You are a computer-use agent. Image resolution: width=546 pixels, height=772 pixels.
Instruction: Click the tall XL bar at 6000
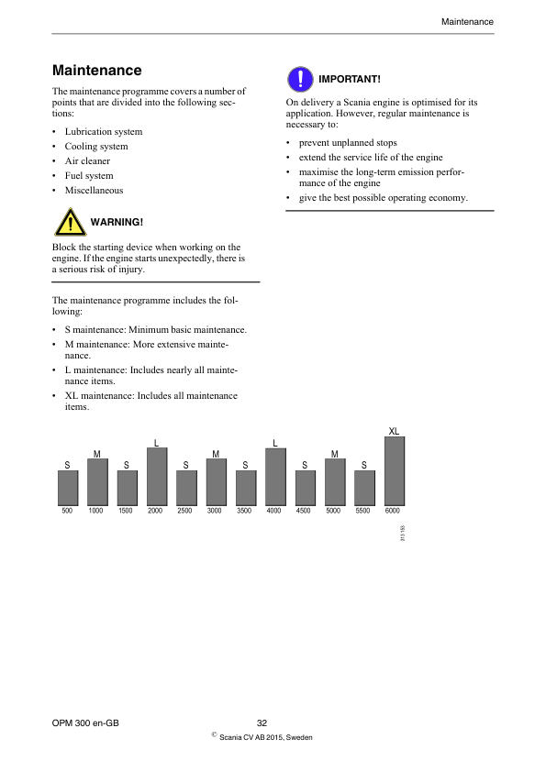click(394, 470)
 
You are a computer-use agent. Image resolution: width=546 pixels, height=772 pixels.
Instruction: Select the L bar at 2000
click(156, 476)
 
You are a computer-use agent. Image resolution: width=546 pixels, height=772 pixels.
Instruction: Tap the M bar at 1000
click(97, 481)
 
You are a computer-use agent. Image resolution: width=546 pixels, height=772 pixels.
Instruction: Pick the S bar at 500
click(67, 488)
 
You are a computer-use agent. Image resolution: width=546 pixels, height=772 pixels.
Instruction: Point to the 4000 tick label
click(273, 511)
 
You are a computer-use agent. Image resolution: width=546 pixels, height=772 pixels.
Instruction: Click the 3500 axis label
click(244, 511)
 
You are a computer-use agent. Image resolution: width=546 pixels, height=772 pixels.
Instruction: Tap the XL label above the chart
click(394, 431)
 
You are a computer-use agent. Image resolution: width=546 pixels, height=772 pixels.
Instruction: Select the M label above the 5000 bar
click(335, 454)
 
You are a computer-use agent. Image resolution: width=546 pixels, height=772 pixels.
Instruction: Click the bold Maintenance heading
click(97, 71)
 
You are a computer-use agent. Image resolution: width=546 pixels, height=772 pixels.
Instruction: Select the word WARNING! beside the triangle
click(117, 223)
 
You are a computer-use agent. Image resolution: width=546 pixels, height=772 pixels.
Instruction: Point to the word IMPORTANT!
click(349, 80)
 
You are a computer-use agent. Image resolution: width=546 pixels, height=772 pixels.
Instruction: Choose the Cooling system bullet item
click(96, 147)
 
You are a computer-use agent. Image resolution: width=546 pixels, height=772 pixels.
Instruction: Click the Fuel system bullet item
click(89, 176)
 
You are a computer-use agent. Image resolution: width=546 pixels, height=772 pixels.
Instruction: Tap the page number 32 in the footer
click(262, 723)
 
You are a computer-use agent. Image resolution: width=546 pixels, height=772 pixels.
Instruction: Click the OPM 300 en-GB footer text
click(86, 723)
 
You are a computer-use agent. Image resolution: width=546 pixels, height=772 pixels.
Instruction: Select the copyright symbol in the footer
click(213, 735)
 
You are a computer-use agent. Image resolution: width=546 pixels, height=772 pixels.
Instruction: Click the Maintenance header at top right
click(467, 21)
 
